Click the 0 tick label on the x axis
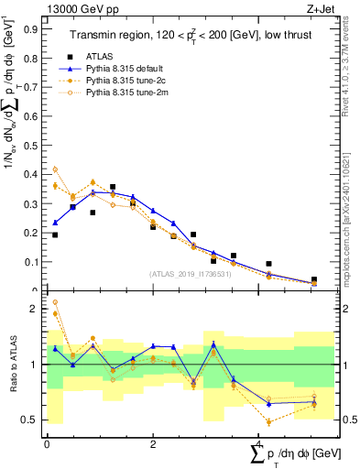coord(47,443)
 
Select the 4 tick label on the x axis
coord(259,443)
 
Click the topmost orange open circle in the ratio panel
coord(55,301)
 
